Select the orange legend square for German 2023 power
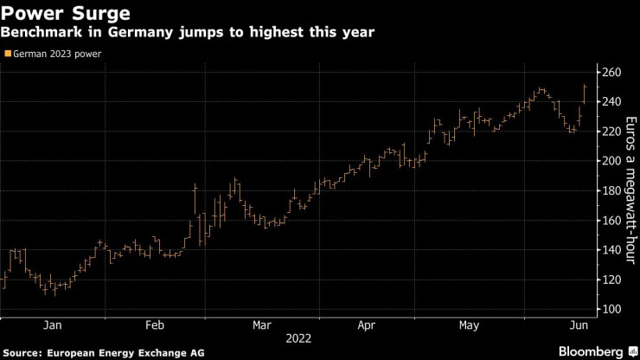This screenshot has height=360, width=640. pyautogui.click(x=7, y=54)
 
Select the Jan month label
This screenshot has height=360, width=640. pyautogui.click(x=52, y=325)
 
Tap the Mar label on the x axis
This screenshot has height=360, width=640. pyautogui.click(x=260, y=325)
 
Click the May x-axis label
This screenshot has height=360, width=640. pyautogui.click(x=468, y=325)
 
